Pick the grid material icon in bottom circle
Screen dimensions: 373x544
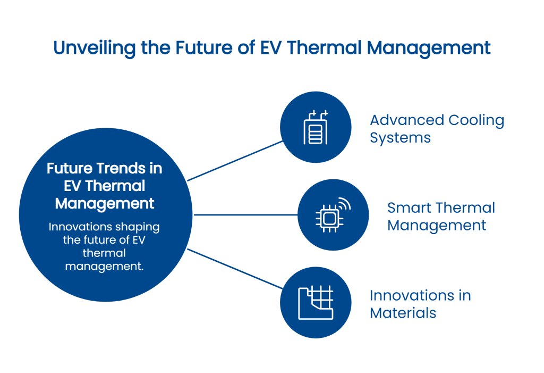tap(316, 302)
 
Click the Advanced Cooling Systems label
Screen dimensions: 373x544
tap(437, 129)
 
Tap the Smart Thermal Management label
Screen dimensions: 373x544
tap(440, 216)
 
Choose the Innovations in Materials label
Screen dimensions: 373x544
tap(420, 304)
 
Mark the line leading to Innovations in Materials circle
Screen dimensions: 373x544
tap(235, 269)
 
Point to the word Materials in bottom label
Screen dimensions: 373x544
tap(403, 312)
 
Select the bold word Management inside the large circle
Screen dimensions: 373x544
tap(105, 203)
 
